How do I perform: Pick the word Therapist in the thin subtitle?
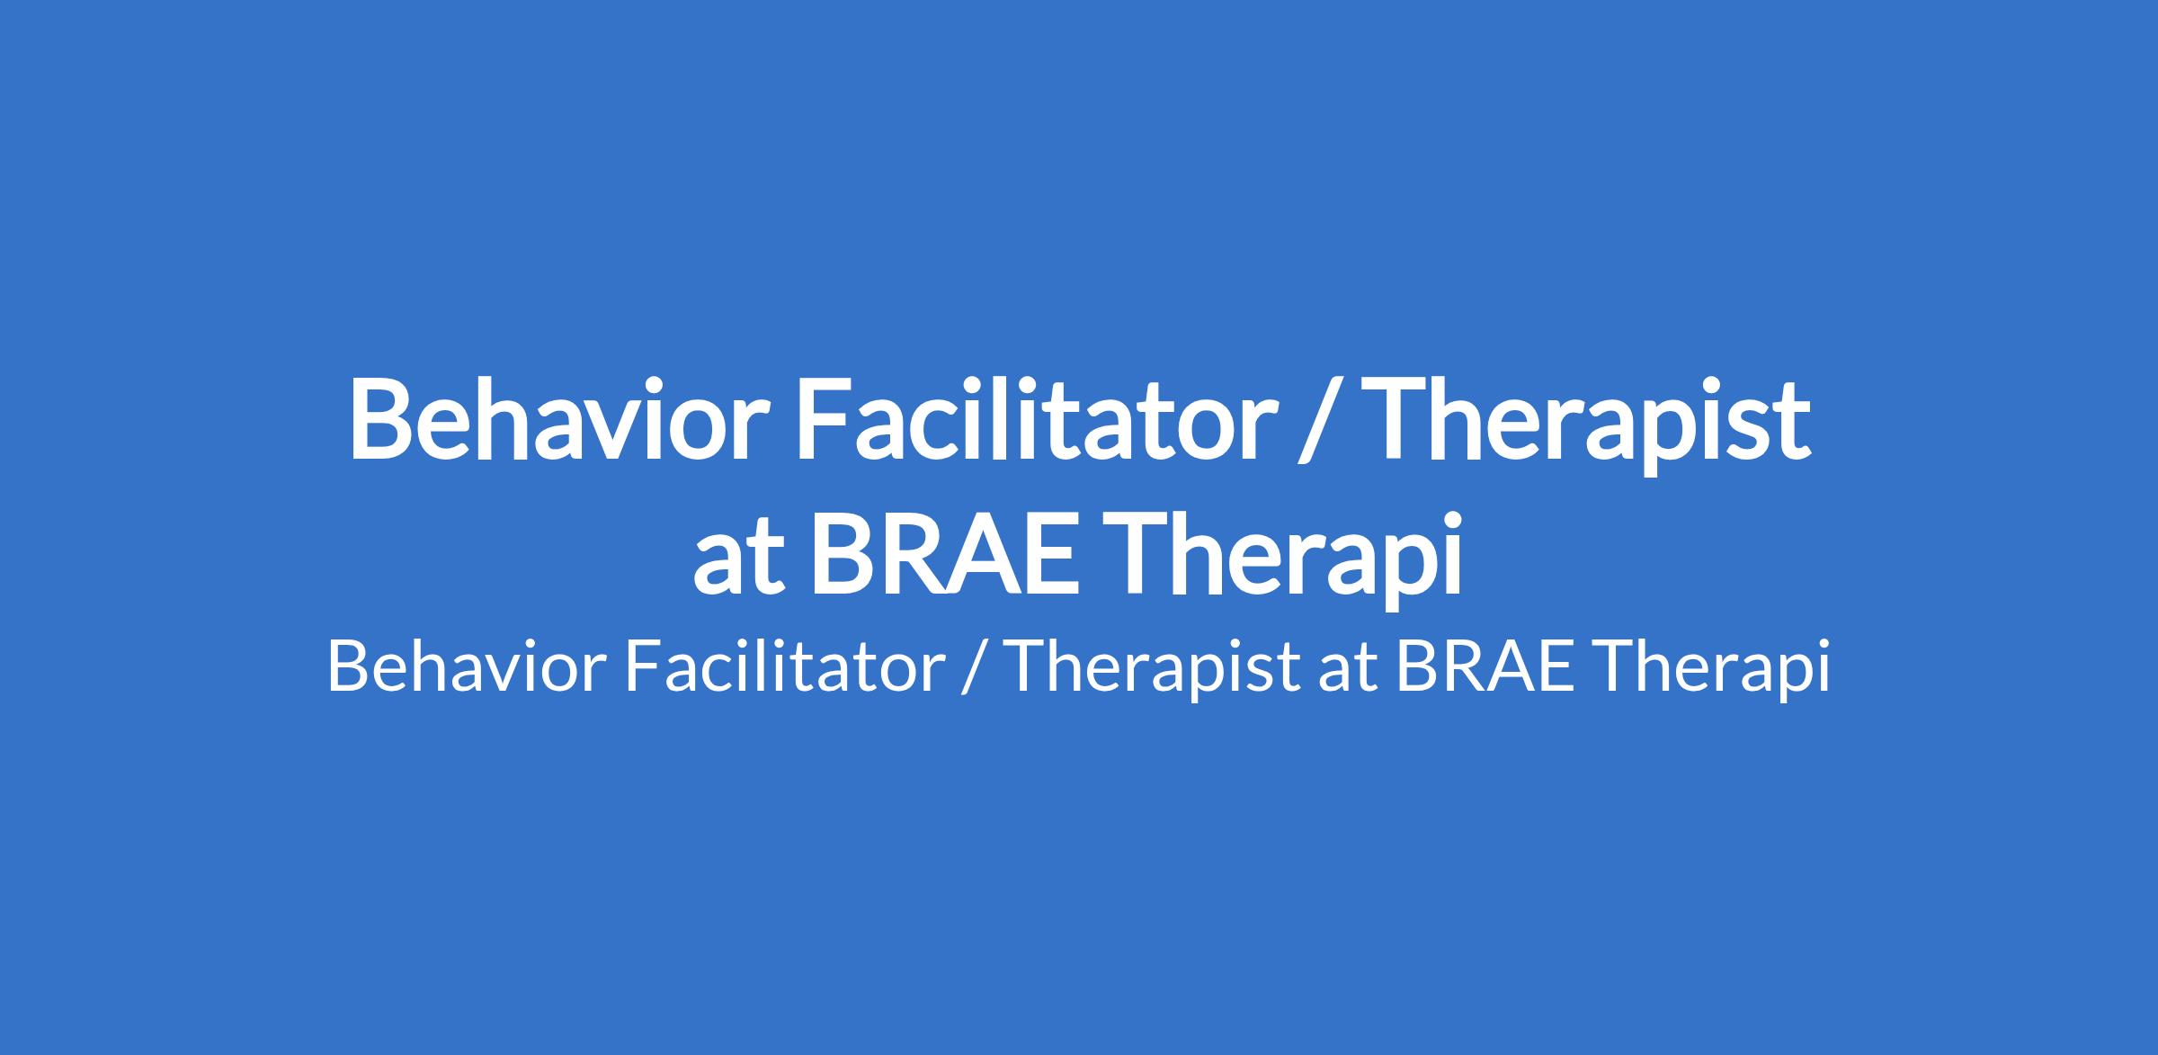(1155, 673)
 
